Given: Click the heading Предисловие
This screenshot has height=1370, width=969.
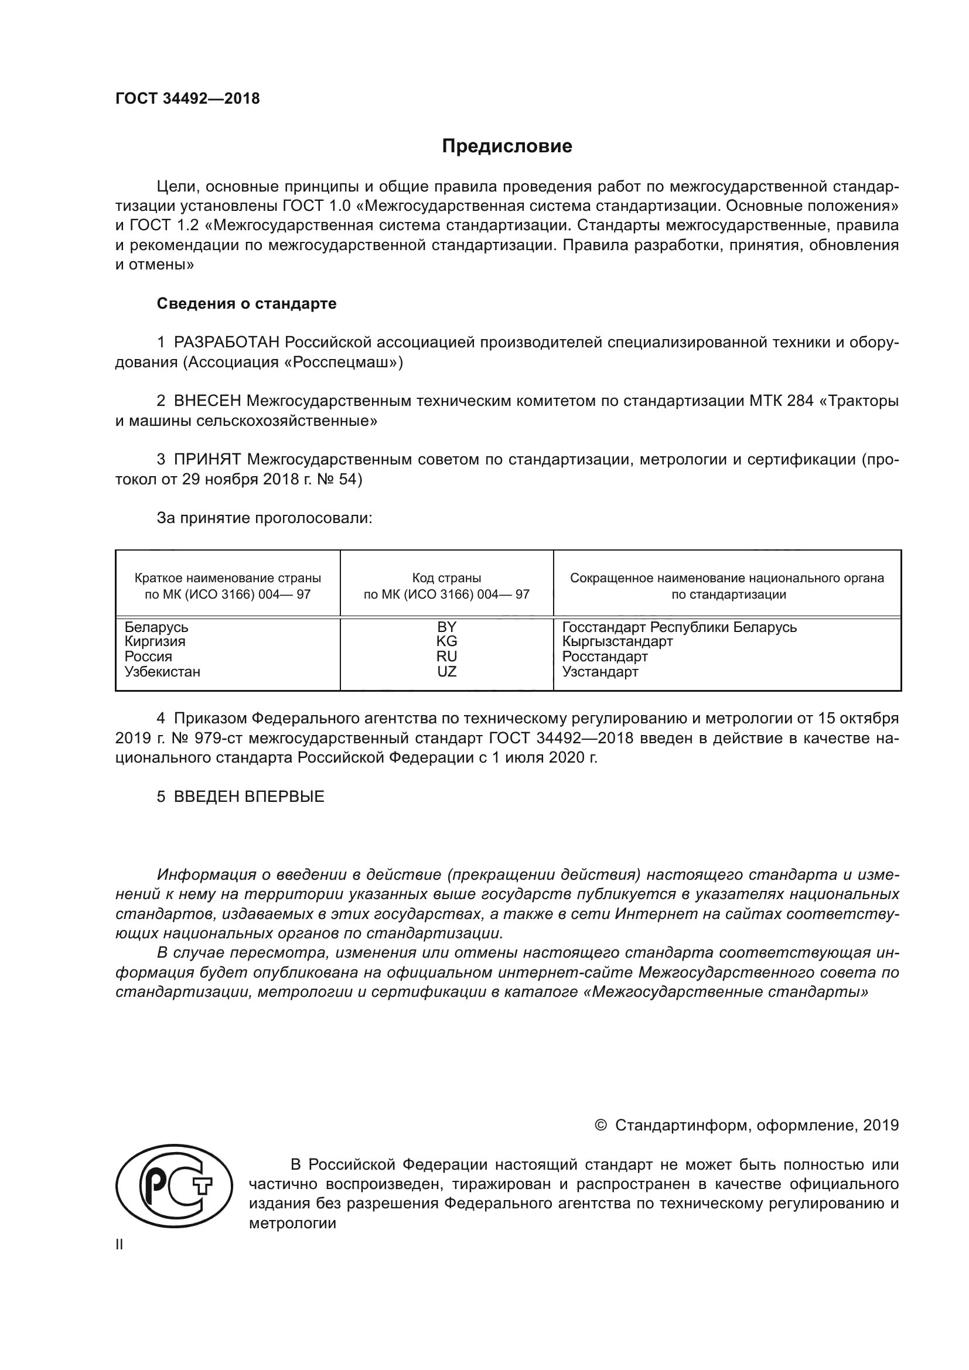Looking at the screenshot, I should click(507, 146).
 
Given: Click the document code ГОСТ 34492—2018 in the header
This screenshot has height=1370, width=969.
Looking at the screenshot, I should click(187, 99).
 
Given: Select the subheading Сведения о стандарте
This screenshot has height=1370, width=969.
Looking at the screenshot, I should click(246, 304).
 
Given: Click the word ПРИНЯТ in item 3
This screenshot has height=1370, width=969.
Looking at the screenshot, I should click(207, 459).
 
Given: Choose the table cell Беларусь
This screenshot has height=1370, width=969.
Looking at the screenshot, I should click(156, 627).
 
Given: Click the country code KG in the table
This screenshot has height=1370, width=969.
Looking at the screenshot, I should click(446, 641).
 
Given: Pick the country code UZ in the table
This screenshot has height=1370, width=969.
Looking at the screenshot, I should click(446, 671).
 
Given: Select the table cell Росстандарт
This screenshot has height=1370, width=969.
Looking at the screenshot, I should click(605, 657).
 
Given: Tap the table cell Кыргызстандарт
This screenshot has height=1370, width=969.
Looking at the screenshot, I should click(617, 641).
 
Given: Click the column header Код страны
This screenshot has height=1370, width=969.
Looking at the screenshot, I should click(446, 578).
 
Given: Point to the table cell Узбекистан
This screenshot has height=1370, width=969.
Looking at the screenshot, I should click(162, 671).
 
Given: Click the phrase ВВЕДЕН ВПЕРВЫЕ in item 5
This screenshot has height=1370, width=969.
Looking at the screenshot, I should click(249, 797).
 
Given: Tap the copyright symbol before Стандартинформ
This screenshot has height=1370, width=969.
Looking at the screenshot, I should click(601, 1125).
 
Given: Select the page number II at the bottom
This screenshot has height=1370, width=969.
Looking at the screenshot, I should click(120, 1244).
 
